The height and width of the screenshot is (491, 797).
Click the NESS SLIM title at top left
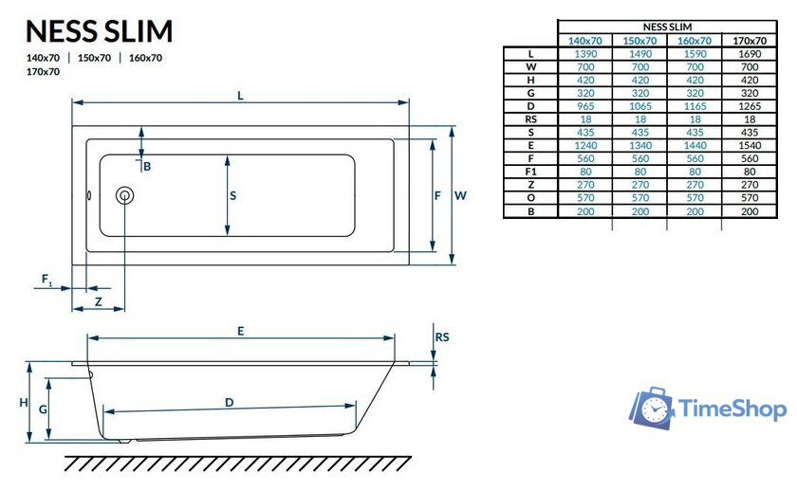[99, 31]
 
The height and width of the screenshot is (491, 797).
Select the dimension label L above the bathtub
[241, 95]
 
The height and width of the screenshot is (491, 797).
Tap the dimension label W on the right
[460, 195]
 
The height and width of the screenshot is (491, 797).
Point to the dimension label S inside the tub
[232, 196]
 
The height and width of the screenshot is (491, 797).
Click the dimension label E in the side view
[241, 331]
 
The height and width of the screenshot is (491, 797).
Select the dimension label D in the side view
[229, 403]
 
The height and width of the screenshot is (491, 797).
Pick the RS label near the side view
[441, 337]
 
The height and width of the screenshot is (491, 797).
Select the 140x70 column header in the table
[584, 41]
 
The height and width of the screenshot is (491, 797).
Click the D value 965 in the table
[584, 107]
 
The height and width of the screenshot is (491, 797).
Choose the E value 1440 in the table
[694, 146]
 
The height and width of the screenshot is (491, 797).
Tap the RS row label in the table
[530, 119]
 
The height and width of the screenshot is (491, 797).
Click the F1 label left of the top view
[46, 279]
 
